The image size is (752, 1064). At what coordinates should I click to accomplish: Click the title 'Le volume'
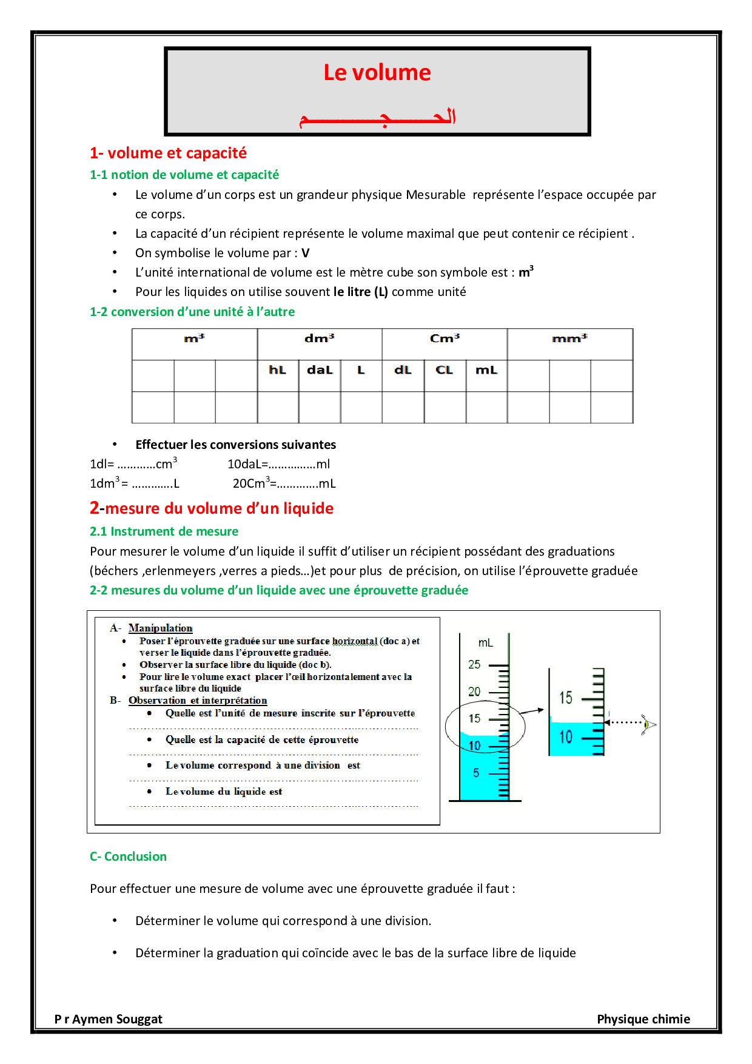click(x=377, y=73)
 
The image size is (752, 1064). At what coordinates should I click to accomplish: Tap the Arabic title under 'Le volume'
click(x=377, y=116)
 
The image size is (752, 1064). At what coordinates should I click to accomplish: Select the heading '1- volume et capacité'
click(x=168, y=153)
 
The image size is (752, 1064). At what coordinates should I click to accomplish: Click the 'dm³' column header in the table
click(x=319, y=338)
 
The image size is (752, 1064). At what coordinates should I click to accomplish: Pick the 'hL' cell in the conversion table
click(x=277, y=370)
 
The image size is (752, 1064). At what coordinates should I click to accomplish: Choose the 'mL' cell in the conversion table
click(x=486, y=370)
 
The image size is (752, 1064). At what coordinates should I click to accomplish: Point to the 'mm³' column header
click(x=569, y=338)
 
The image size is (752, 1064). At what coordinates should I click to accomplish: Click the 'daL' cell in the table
click(x=320, y=370)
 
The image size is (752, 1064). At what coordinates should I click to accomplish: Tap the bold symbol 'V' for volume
click(x=305, y=253)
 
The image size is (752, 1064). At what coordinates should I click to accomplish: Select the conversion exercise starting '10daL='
click(x=278, y=464)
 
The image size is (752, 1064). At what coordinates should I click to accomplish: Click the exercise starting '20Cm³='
click(x=284, y=483)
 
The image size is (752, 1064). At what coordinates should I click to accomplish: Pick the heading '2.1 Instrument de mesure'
click(x=164, y=531)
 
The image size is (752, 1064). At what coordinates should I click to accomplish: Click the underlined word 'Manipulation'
click(x=160, y=628)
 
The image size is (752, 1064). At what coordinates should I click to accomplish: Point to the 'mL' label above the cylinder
click(x=485, y=642)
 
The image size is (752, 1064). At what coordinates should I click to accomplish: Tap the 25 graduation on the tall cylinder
click(x=474, y=664)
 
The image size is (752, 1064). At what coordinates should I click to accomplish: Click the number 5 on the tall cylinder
click(x=476, y=773)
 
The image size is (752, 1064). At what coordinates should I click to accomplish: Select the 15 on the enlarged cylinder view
click(x=565, y=698)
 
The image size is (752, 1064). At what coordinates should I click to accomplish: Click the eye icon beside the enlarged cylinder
click(x=648, y=724)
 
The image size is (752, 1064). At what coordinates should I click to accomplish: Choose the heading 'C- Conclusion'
click(x=128, y=857)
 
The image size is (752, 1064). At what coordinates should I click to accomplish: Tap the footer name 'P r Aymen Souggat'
click(x=108, y=1019)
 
